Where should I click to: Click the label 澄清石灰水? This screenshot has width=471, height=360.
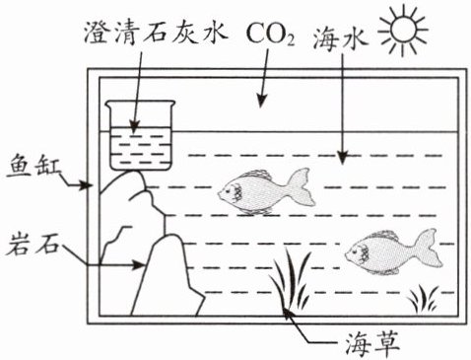pyautogui.click(x=156, y=33)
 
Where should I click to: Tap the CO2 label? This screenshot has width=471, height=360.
pyautogui.click(x=270, y=34)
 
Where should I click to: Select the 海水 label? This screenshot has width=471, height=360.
pyautogui.click(x=339, y=38)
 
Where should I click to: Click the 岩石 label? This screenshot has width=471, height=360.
pyautogui.click(x=33, y=244)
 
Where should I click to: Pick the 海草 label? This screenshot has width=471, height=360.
pyautogui.click(x=372, y=344)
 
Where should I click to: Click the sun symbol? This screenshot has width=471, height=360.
pyautogui.click(x=404, y=30)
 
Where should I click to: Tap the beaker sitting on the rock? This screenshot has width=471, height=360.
pyautogui.click(x=141, y=135)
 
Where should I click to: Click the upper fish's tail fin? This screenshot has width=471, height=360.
pyautogui.click(x=302, y=186)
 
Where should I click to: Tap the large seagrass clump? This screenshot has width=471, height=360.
pyautogui.click(x=290, y=279)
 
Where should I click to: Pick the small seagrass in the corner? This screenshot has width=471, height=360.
pyautogui.click(x=424, y=299)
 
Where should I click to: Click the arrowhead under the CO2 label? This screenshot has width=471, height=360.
pyautogui.click(x=261, y=100)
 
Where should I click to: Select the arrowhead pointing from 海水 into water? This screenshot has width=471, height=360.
pyautogui.click(x=343, y=158)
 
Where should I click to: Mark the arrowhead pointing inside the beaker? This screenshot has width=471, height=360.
pyautogui.click(x=134, y=126)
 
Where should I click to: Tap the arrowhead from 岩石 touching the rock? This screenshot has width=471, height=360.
pyautogui.click(x=138, y=264)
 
